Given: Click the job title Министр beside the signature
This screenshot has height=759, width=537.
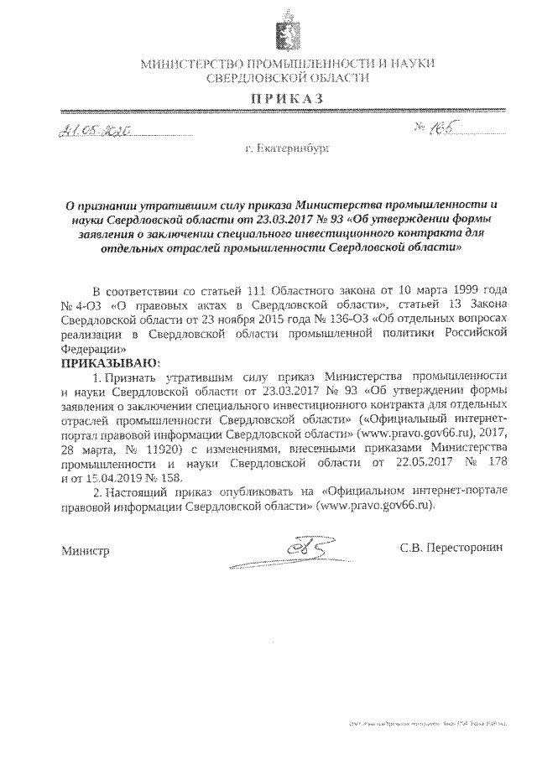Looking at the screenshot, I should click(85, 551).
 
